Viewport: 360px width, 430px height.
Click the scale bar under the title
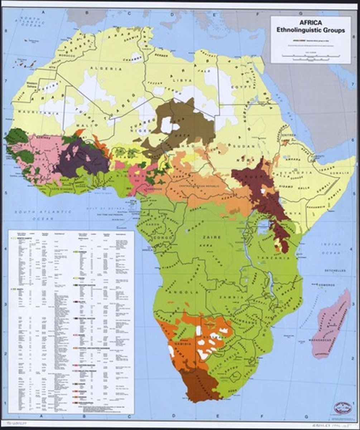[x=310, y=56]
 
